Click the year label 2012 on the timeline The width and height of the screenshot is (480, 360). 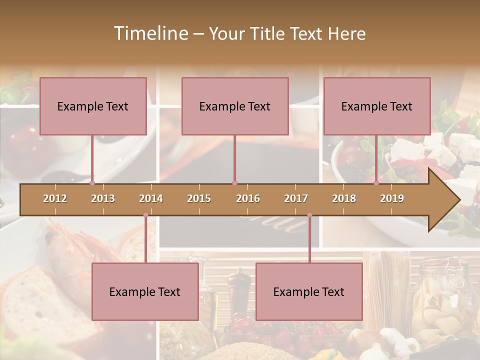click(x=55, y=198)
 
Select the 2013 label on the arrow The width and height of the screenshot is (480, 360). click(x=103, y=198)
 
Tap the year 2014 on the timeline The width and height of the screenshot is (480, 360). click(x=151, y=198)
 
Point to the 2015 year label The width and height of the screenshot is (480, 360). click(x=199, y=198)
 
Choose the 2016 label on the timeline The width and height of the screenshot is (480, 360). click(x=248, y=198)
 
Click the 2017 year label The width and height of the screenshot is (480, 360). click(x=296, y=198)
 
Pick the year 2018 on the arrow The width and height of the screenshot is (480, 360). click(x=344, y=198)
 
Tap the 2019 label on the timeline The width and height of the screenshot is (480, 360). click(x=392, y=198)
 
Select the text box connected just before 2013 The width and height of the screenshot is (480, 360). click(x=93, y=106)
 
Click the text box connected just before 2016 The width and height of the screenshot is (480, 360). click(x=235, y=106)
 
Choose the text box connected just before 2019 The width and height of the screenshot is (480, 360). click(x=377, y=106)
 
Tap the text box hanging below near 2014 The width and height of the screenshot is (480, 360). click(x=145, y=291)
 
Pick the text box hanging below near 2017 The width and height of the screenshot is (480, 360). click(x=309, y=291)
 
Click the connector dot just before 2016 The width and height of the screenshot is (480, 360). click(x=234, y=183)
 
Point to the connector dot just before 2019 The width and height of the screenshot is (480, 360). click(x=376, y=183)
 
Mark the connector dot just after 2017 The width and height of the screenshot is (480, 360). click(x=309, y=215)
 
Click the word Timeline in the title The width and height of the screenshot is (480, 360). click(x=150, y=33)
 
